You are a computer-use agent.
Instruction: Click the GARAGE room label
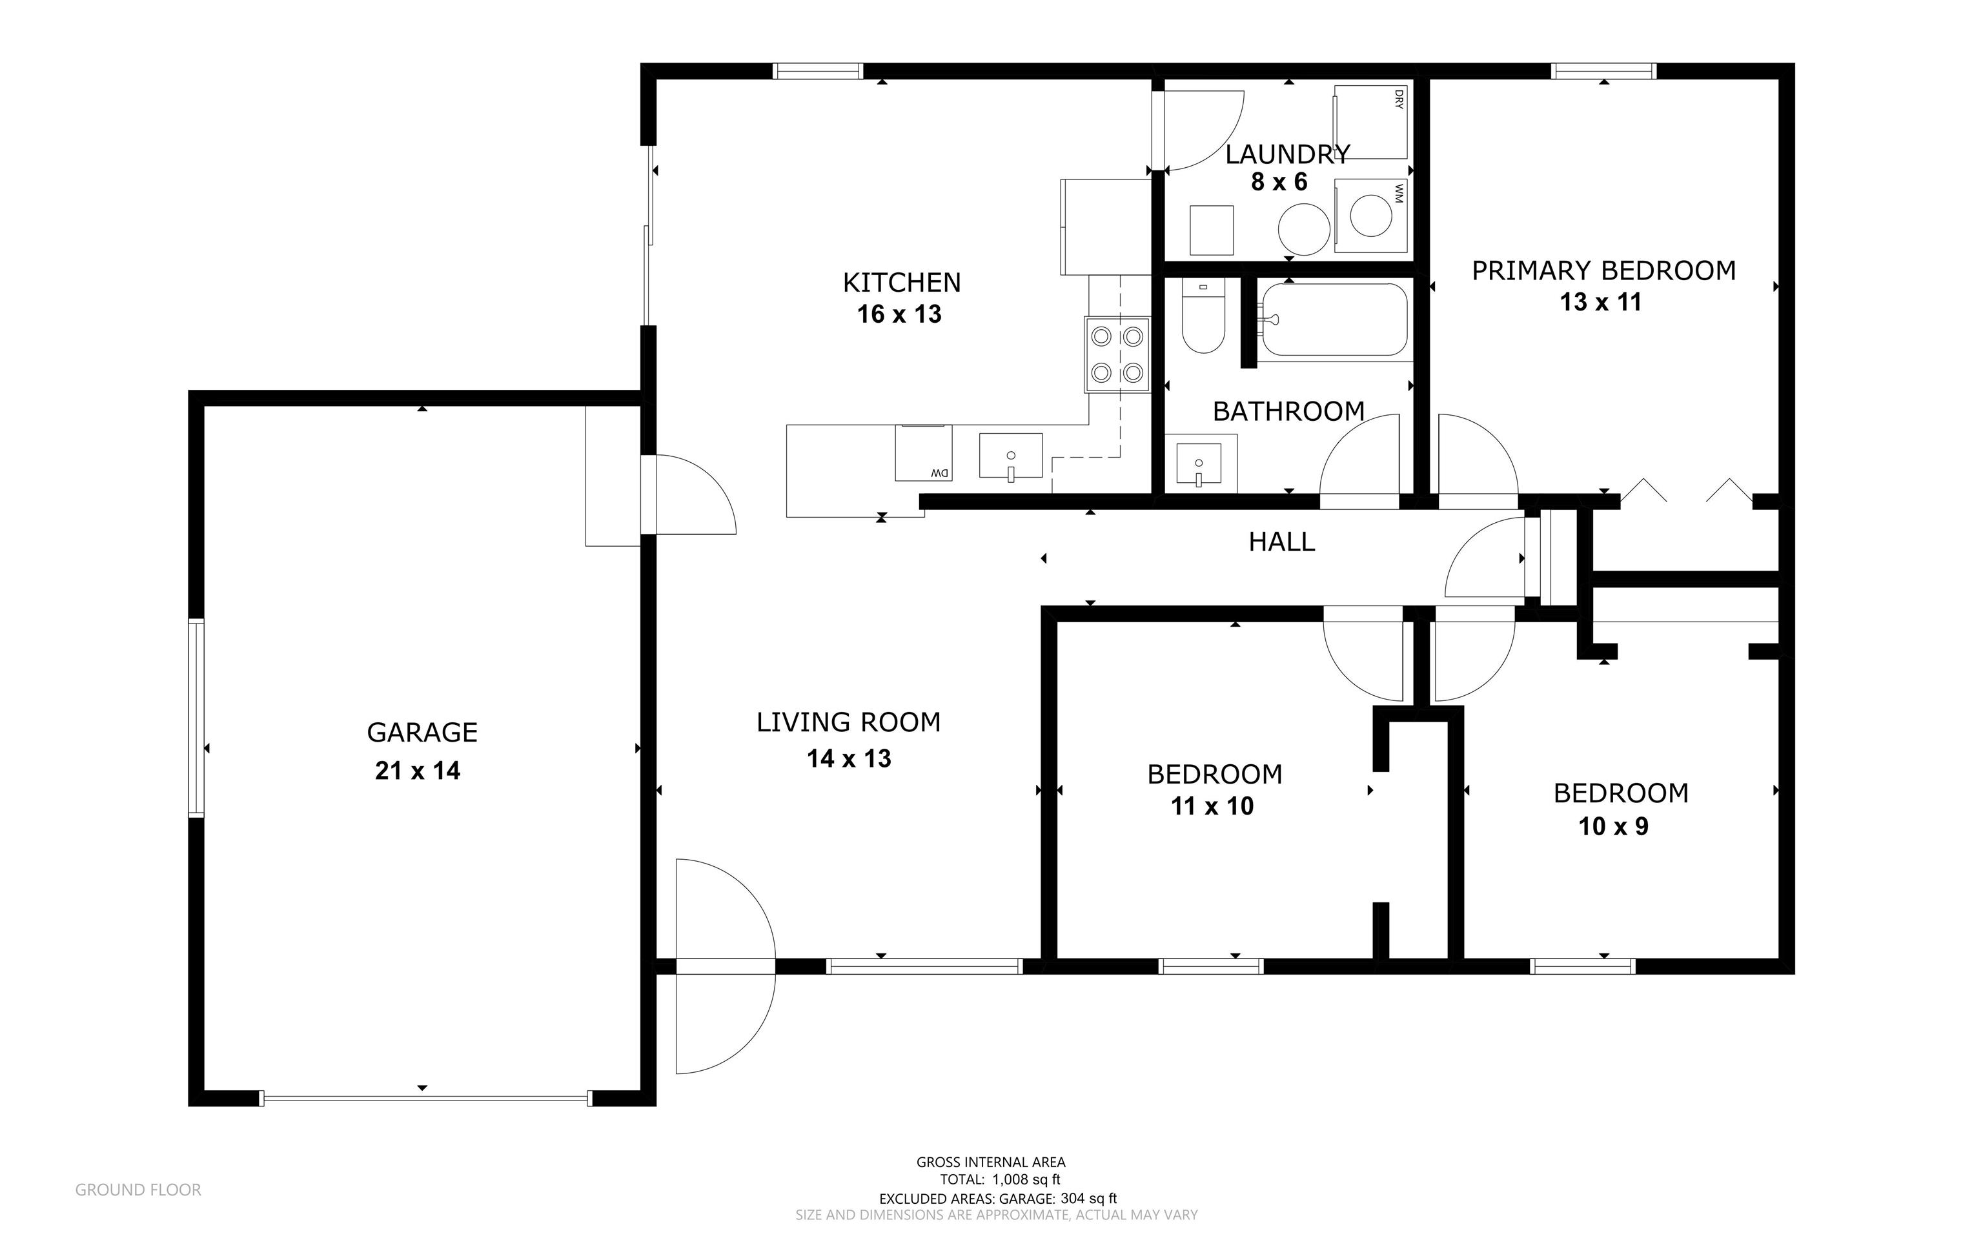(422, 732)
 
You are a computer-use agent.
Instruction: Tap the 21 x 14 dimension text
(418, 771)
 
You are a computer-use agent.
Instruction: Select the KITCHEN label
(901, 283)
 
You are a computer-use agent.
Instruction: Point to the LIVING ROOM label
(848, 722)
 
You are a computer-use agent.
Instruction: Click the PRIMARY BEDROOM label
(1603, 270)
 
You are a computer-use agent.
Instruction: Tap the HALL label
(1281, 541)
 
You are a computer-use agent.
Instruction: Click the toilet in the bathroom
(1203, 316)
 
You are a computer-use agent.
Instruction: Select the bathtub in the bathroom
(1334, 320)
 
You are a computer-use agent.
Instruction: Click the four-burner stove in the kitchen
(1117, 354)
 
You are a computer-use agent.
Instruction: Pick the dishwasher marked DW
(924, 452)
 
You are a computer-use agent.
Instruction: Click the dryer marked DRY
(1370, 122)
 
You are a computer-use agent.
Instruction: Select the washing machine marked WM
(1370, 217)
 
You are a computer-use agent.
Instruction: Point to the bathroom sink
(1199, 464)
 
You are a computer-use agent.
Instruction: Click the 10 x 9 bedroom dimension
(1614, 826)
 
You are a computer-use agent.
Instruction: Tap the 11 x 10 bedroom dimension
(1212, 806)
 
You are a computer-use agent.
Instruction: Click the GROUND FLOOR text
(138, 1190)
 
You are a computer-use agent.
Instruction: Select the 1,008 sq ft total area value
(1026, 1180)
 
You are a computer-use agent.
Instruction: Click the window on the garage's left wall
(196, 718)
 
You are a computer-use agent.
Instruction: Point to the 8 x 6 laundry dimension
(1279, 182)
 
